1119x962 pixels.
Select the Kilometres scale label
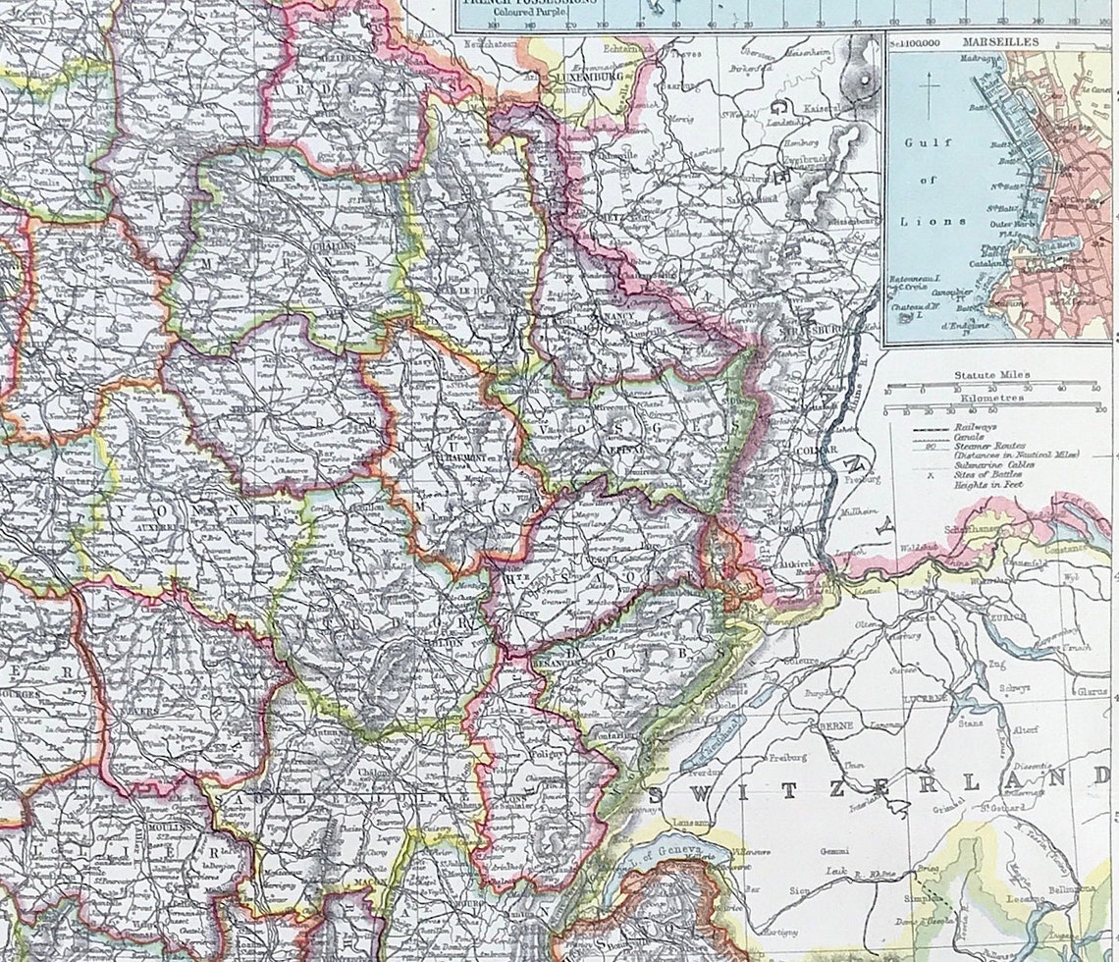pyautogui.click(x=990, y=400)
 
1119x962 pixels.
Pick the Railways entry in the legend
pyautogui.click(x=972, y=429)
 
